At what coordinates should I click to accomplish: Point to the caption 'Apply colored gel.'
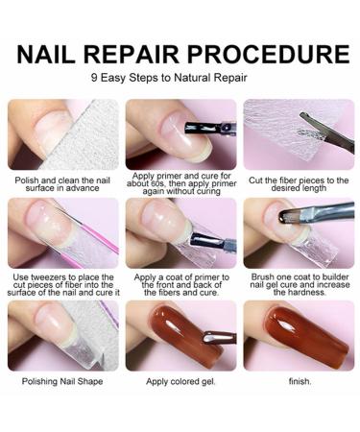tap(180, 381)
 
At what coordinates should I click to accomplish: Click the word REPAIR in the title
tap(143, 53)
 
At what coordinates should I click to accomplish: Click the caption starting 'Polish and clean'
tap(61, 182)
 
